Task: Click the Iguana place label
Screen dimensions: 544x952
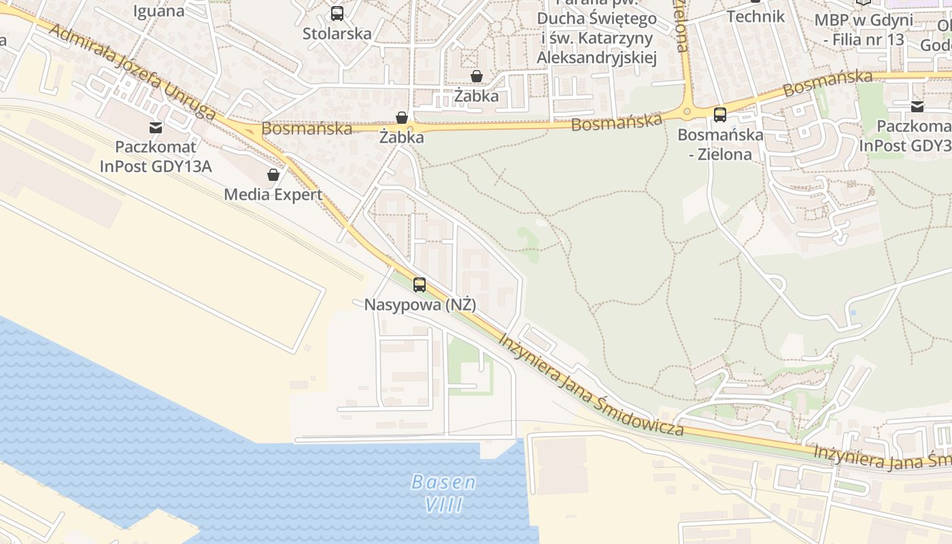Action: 159,11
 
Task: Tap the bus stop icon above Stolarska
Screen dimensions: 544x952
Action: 337,13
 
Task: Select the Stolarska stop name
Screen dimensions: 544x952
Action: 337,33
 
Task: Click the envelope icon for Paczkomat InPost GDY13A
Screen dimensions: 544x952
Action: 156,126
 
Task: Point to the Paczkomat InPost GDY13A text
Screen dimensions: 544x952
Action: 156,156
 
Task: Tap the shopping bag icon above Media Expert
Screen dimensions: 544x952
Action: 273,175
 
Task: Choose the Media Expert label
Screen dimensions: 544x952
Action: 273,194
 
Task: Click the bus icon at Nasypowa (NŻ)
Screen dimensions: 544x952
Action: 420,285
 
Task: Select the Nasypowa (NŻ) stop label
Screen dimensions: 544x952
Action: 420,305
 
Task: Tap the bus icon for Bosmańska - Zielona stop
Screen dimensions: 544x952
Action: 720,114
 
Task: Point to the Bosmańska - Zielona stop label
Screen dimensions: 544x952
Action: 720,144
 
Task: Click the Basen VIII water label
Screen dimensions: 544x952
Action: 443,494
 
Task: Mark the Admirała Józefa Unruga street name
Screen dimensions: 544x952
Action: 133,73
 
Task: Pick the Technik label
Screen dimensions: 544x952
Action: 755,16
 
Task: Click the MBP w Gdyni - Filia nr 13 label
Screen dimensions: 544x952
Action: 864,29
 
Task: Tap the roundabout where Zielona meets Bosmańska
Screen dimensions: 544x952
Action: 687,112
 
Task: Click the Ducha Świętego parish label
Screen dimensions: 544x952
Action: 596,38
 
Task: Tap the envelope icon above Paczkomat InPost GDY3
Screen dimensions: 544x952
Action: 917,106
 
